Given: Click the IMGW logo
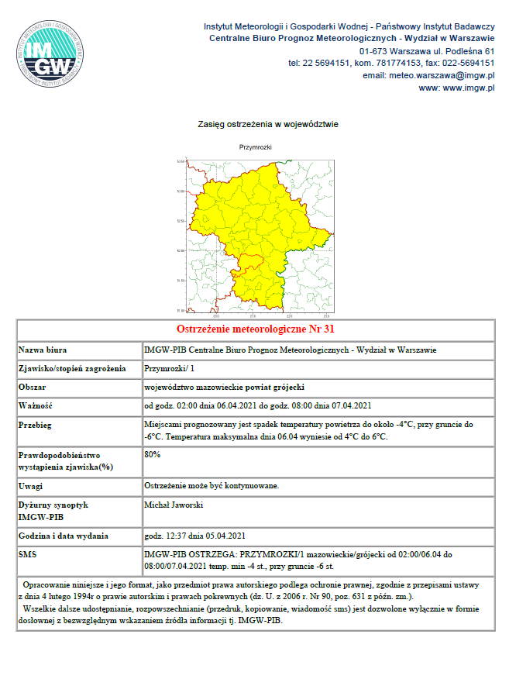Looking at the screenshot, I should pos(53,55).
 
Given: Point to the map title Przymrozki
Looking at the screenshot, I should pos(255,146).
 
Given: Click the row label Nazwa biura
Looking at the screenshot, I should pos(44,350).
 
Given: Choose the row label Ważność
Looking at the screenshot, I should pos(36,405).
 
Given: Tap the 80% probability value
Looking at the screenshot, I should pos(153,454).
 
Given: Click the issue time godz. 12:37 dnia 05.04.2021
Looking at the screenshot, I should pos(195,536).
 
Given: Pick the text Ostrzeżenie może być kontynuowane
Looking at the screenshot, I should pos(212,486).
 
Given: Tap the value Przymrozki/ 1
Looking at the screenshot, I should pos(170,369).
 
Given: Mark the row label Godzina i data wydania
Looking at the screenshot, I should pos(64,536).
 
